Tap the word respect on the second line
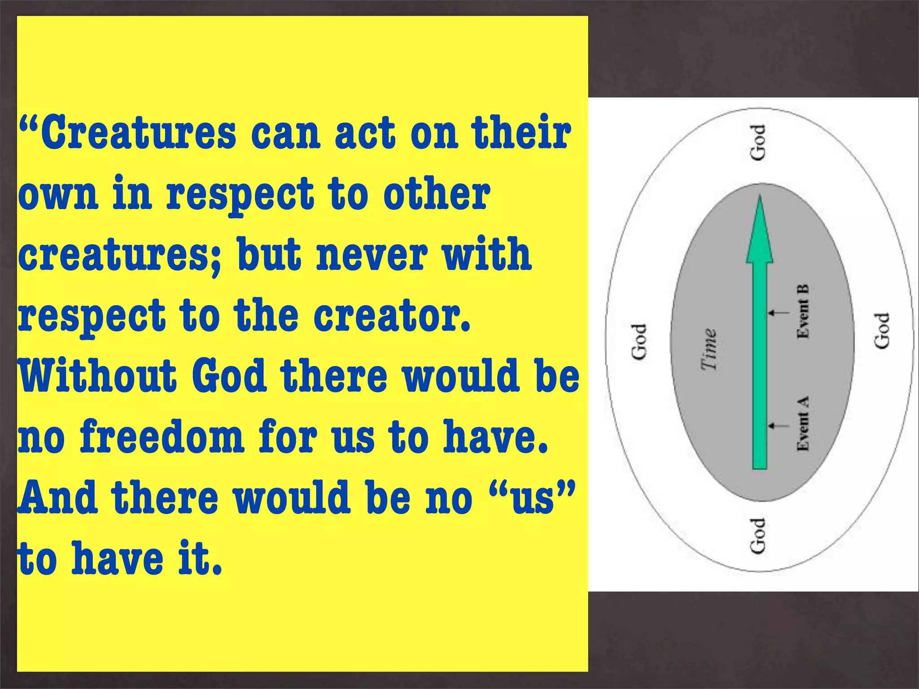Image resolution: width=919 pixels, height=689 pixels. (240, 194)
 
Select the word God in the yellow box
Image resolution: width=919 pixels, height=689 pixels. (229, 376)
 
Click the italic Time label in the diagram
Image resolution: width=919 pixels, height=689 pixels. (709, 350)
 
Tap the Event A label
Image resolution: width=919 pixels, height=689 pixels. (803, 423)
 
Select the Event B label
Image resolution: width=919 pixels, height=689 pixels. (803, 311)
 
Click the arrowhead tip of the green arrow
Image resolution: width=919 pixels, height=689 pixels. (760, 197)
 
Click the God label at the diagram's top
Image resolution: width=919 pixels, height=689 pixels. (758, 142)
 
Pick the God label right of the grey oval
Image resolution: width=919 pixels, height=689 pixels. (882, 331)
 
